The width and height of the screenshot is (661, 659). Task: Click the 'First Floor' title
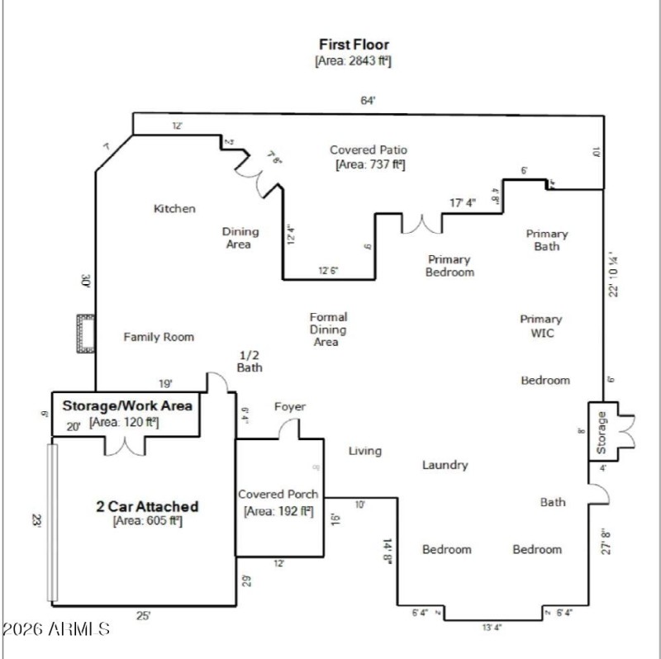click(x=354, y=44)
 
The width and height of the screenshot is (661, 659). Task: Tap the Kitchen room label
click(x=174, y=209)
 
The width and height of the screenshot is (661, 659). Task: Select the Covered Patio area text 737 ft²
click(x=369, y=165)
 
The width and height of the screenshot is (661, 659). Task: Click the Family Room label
click(x=159, y=337)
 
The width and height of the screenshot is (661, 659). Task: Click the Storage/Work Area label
click(x=127, y=405)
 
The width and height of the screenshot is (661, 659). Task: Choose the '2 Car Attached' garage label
click(x=147, y=506)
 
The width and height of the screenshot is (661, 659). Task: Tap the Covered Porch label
click(x=278, y=494)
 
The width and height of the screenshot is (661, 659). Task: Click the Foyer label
click(x=289, y=406)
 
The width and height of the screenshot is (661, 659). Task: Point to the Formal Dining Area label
click(x=327, y=329)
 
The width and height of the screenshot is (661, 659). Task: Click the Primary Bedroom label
click(x=449, y=265)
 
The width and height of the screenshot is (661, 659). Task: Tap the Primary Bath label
click(x=546, y=239)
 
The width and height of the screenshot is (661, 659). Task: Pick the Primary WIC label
click(x=541, y=325)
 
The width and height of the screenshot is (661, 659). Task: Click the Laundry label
click(x=445, y=465)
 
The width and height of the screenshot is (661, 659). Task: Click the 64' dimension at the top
click(x=368, y=101)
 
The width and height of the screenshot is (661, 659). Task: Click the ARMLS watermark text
click(x=55, y=629)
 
